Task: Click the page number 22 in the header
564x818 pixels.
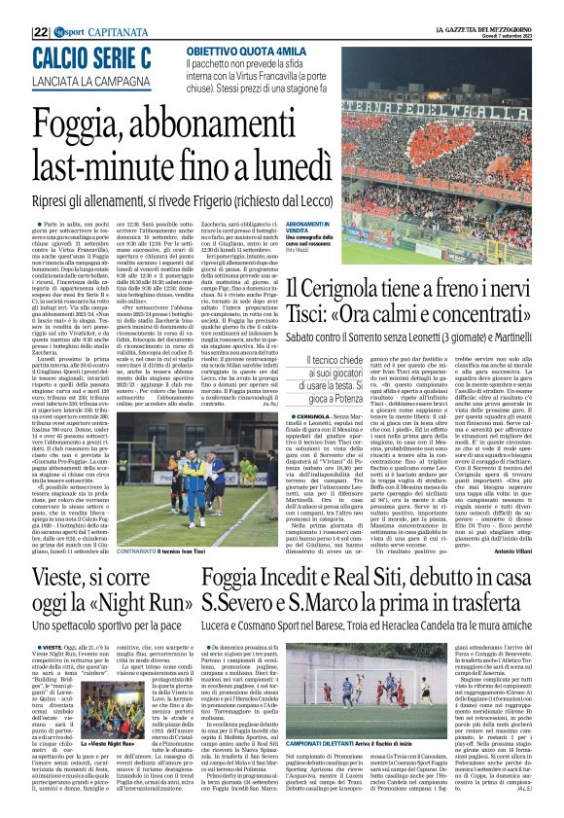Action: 14,8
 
